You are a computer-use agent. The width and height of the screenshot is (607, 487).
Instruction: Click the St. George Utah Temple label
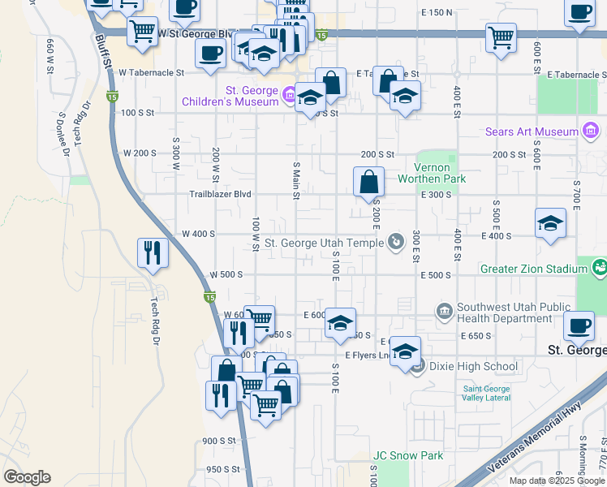point(324,243)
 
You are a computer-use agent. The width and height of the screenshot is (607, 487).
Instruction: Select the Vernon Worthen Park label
point(431,173)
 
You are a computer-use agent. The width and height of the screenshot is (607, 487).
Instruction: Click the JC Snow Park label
point(407,455)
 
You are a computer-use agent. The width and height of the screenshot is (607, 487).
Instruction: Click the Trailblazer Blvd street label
point(220,195)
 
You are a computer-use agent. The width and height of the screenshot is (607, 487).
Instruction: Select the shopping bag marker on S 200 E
point(368,182)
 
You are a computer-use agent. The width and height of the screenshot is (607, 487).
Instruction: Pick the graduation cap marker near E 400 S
point(550,223)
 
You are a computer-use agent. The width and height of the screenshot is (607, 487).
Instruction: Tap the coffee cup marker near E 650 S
point(578,326)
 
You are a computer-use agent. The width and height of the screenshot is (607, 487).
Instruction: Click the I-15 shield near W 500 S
point(209,299)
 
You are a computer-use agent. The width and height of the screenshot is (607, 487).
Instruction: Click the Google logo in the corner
point(27,477)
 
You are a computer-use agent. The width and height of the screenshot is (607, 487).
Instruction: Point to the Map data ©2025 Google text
point(557,481)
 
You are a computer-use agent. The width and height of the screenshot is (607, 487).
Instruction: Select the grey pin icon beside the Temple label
point(395,241)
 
